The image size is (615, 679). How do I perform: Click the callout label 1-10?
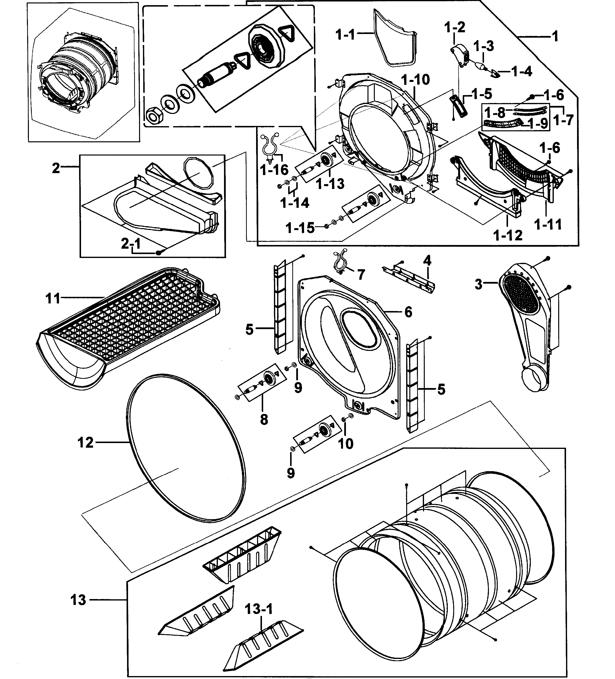(415, 80)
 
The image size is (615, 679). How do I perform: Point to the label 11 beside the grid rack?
(53, 298)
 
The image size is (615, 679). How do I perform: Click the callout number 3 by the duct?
(478, 285)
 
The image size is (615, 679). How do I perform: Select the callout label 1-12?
(508, 235)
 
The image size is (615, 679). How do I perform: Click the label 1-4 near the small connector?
(521, 71)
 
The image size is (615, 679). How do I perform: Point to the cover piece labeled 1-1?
(393, 39)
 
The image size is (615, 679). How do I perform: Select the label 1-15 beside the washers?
(300, 228)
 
